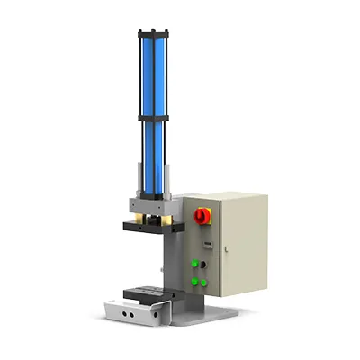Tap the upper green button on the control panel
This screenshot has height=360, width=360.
194,264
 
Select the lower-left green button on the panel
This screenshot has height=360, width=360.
194,282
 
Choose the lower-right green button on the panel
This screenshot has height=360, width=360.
205,282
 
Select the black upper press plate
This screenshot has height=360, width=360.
148,227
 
